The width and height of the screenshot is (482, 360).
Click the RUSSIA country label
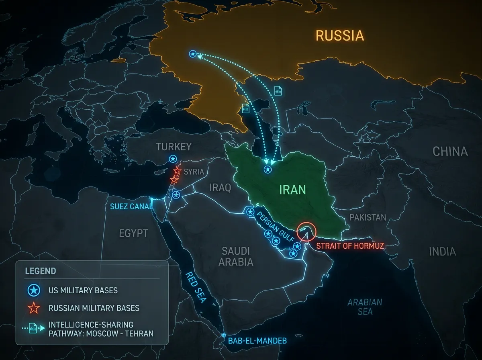[x=340, y=35]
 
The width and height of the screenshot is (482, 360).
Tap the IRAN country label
[x=293, y=189]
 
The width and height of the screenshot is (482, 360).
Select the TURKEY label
[x=174, y=146]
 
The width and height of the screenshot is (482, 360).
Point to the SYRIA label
[x=194, y=172]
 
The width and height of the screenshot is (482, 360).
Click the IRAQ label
[x=221, y=188]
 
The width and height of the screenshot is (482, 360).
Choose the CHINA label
[x=450, y=151]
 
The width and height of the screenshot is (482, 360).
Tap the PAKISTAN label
[x=368, y=217]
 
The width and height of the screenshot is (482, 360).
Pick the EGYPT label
[x=134, y=233]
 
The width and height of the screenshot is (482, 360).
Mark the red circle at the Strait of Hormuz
[x=306, y=232]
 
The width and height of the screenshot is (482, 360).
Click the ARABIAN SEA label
[x=365, y=307]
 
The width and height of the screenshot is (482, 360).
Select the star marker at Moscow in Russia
[x=193, y=54]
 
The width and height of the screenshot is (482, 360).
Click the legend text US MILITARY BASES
[x=83, y=290]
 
